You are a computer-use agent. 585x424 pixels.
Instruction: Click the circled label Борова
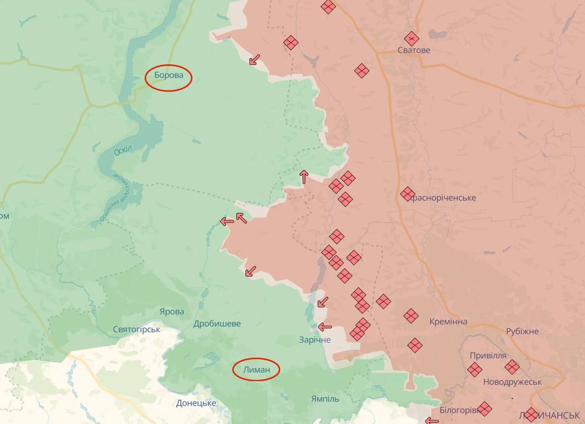[169, 75]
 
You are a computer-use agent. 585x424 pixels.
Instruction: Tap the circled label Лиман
[256, 369]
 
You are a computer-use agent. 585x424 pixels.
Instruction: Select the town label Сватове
[414, 50]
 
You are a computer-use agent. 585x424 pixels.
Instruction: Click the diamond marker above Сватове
[411, 39]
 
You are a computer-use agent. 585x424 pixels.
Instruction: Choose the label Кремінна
[448, 322]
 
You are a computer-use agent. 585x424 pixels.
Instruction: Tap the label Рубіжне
[522, 331]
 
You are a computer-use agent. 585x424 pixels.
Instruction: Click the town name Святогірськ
[137, 329]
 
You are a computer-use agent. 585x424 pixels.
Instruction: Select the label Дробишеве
[217, 324]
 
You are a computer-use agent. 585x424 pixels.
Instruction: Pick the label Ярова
[172, 312]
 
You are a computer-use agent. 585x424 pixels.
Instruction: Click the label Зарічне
[315, 340]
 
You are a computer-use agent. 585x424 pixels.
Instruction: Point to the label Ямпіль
[325, 399]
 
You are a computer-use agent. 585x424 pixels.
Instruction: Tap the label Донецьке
[196, 403]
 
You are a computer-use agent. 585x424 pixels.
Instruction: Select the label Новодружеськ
[512, 382]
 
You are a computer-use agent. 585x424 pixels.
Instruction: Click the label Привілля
[488, 356]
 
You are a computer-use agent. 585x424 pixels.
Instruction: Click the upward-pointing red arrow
[304, 177]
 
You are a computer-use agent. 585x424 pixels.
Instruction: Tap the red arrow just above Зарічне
[325, 327]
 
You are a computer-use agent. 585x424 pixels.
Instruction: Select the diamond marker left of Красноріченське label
[408, 194]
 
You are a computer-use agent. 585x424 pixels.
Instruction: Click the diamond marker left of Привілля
[474, 369]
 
